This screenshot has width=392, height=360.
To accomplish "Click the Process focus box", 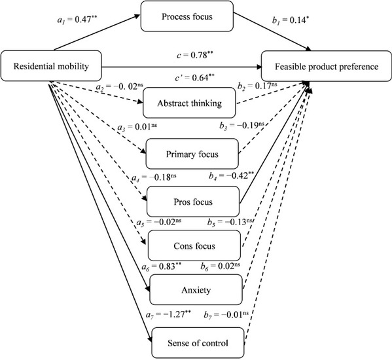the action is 187,16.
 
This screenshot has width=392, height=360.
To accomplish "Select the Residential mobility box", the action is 51,66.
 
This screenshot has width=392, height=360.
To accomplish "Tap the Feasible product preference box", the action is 327,66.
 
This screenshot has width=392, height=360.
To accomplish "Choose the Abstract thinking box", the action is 189,103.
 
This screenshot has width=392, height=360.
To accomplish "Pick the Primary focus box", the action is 192,154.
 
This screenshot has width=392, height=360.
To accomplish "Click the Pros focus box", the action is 193,202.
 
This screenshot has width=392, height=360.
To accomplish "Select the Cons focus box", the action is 194,245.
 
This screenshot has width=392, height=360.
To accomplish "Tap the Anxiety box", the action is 196,290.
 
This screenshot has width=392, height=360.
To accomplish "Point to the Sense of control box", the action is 198,343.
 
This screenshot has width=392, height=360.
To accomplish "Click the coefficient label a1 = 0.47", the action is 77,20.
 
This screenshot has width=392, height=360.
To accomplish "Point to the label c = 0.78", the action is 195,55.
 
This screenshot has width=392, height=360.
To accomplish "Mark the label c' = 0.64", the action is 195,78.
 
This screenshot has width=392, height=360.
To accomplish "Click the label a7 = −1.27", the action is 168,314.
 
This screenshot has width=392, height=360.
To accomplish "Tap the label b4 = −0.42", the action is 229,176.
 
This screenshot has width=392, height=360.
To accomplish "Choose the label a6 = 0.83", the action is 162,266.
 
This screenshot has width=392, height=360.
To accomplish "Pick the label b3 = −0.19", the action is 241,125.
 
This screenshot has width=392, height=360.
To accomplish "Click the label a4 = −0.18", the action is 154,177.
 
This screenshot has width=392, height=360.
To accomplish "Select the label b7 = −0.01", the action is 226,314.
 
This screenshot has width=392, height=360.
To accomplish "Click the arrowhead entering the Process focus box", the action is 137,16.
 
